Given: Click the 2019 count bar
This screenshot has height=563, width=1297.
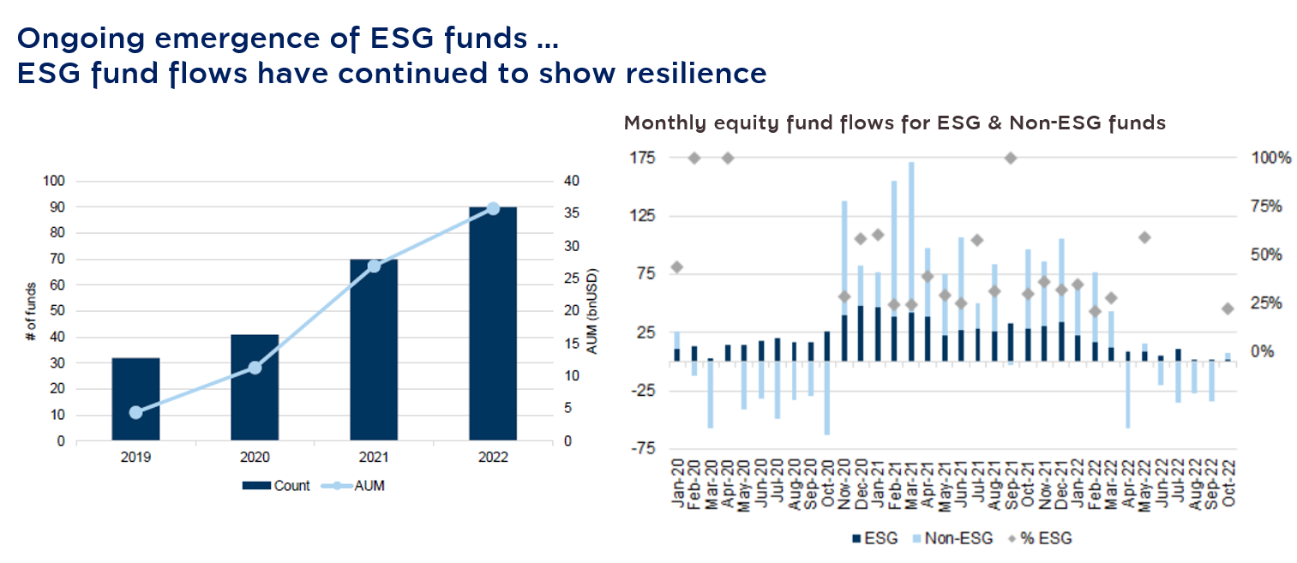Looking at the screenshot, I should [x=135, y=399].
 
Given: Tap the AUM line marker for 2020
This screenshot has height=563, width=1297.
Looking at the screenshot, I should [x=255, y=368].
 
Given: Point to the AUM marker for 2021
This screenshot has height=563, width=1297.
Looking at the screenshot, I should [x=374, y=266].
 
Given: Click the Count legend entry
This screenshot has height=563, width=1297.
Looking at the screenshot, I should [x=276, y=486].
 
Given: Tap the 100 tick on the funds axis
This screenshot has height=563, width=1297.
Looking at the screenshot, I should [x=54, y=182].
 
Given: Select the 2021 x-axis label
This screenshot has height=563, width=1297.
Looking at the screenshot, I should [x=374, y=458].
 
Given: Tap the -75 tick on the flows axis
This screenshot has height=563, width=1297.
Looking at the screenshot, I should [x=641, y=448].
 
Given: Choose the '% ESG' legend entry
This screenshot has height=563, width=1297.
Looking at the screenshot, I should [x=1041, y=538].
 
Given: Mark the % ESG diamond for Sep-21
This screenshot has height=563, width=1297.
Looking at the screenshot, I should [x=1011, y=158].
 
